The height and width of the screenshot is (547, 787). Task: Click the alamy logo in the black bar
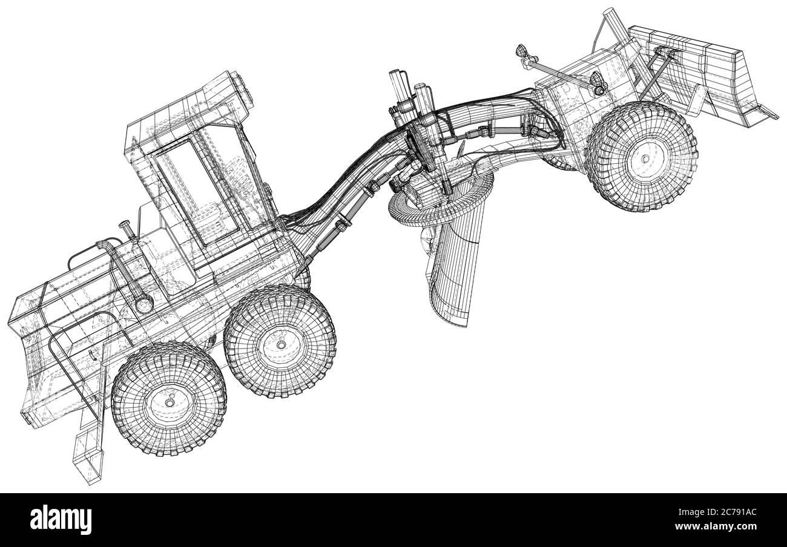coord(61,520)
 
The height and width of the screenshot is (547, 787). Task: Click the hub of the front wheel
coord(645,159)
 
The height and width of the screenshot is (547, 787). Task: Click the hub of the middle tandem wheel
coord(281,344)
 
